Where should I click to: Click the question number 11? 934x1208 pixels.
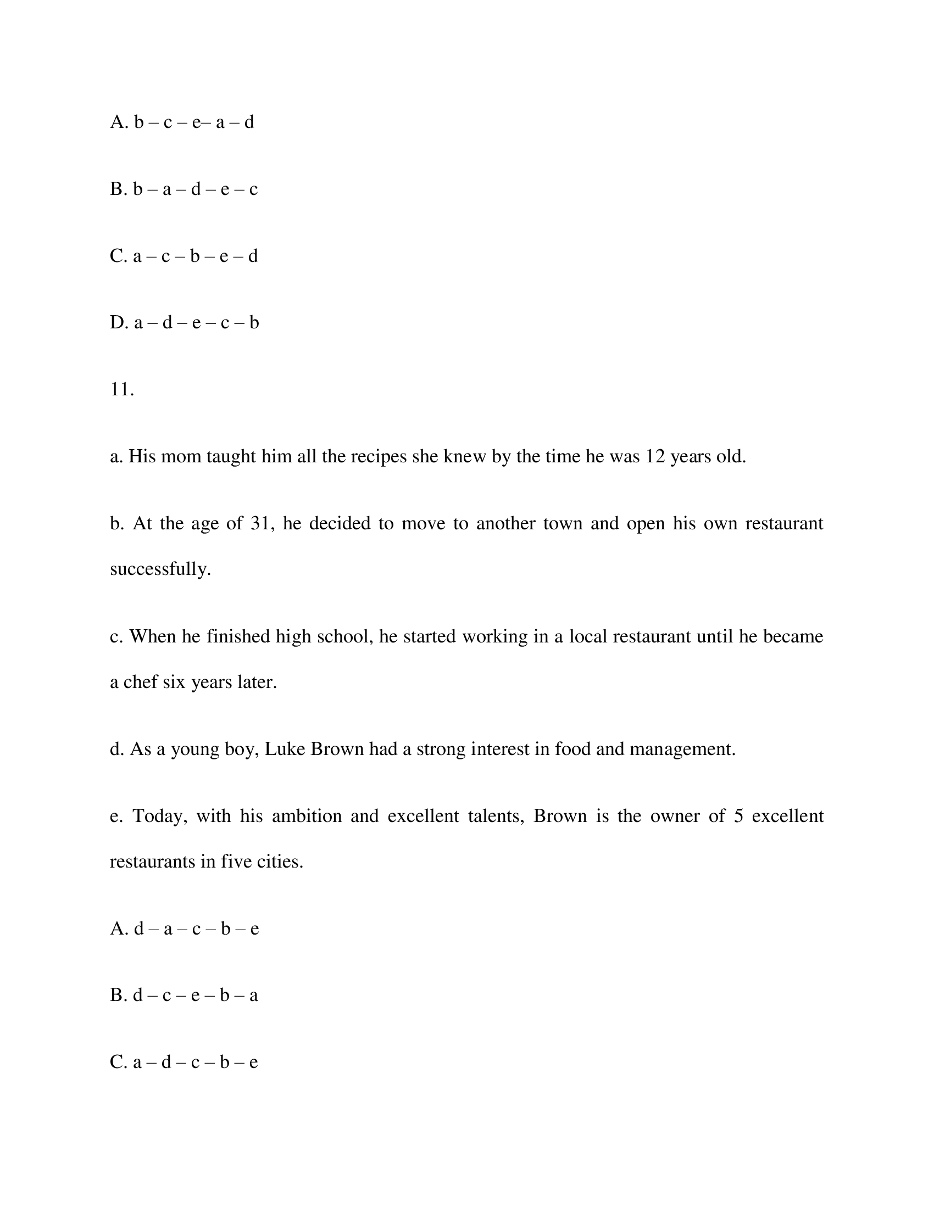click(122, 390)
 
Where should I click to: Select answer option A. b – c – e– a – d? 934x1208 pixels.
click(182, 122)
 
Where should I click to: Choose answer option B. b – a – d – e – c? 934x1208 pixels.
click(184, 189)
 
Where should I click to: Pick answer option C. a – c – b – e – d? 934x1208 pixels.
click(184, 256)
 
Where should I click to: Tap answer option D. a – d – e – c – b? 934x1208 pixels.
click(184, 322)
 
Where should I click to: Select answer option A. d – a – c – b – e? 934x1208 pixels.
click(184, 929)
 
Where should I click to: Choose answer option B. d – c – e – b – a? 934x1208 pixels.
click(184, 996)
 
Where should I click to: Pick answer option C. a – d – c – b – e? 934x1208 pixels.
click(184, 1062)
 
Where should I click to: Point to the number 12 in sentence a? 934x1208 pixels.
click(655, 457)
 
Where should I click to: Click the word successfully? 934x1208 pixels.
click(160, 569)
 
